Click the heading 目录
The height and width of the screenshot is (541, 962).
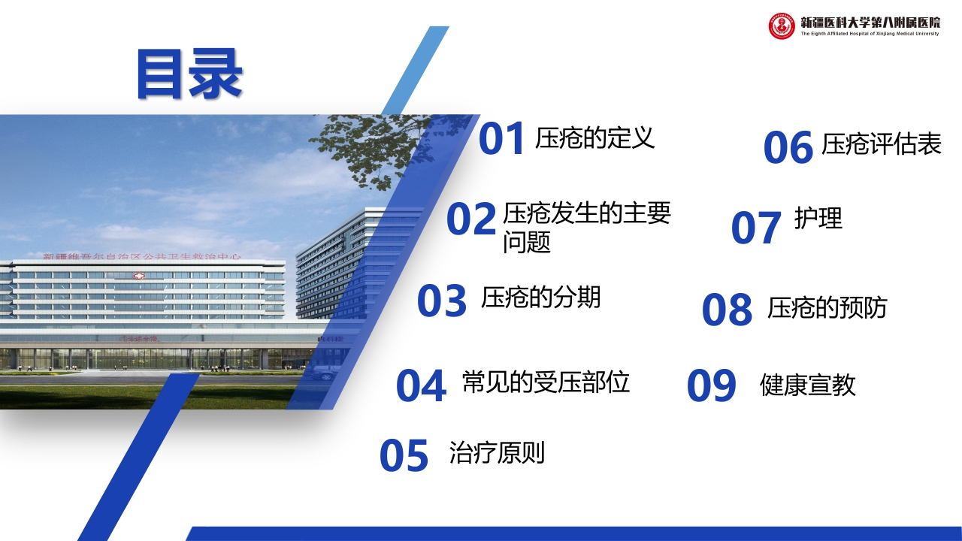tap(189, 74)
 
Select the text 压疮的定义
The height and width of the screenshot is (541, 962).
tap(594, 138)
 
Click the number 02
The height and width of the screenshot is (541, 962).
tap(471, 219)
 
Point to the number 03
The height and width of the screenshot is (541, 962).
tap(442, 301)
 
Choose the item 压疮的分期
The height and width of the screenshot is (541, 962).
tap(541, 298)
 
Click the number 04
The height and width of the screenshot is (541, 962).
tap(421, 385)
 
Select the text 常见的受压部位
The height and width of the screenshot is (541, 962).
tap(546, 382)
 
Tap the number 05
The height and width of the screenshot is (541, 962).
tap(404, 456)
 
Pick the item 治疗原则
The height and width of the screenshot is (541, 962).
tap(497, 453)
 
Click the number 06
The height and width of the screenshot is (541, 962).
tap(788, 148)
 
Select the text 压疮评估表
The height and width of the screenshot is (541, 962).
tap(881, 144)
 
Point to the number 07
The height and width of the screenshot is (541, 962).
tap(756, 228)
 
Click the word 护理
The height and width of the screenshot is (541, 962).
tap(818, 218)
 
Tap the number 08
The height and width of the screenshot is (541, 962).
tap(727, 310)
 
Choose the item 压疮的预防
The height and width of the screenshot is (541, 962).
tap(827, 308)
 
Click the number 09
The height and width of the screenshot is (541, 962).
tap(711, 386)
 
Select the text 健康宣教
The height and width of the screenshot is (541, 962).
tap(808, 385)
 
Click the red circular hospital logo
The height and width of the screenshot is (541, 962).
tap(782, 26)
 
